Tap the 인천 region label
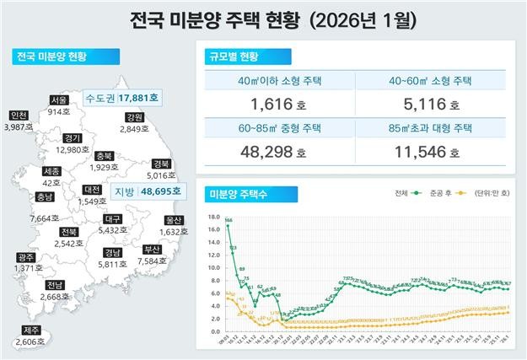coord(17,116)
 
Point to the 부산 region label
coord(153,249)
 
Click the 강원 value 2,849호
coord(133,129)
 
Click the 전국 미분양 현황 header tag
coord(51,57)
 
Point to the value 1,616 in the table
coord(272,105)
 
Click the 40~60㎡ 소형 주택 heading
coord(432,82)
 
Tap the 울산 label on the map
coord(172,219)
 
